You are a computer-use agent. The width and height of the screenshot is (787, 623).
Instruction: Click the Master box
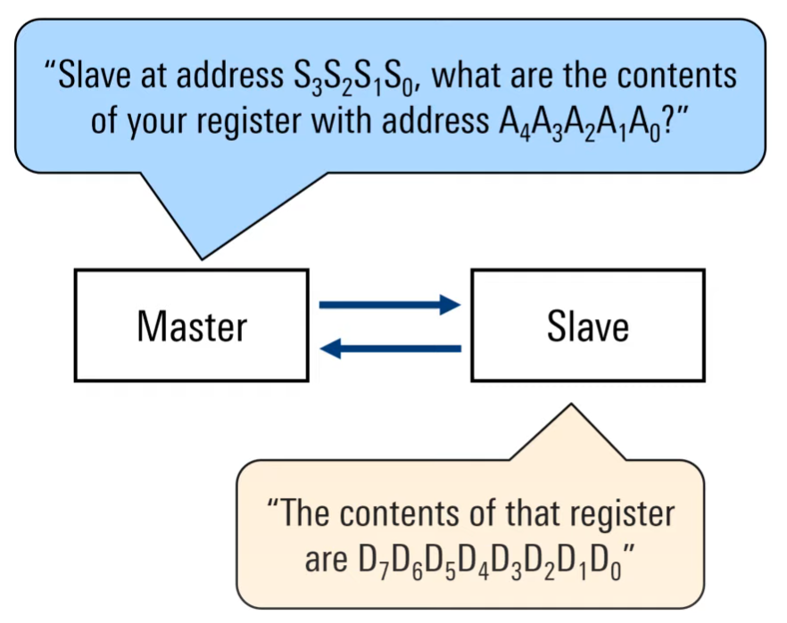(191, 325)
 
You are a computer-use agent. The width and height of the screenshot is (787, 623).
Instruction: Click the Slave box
(587, 325)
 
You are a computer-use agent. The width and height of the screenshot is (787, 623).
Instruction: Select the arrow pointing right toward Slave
(389, 305)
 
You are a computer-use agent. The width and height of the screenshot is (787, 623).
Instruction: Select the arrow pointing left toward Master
(389, 349)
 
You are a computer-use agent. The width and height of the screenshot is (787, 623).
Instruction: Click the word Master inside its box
(191, 326)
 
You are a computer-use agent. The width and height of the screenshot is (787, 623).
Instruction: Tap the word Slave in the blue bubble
(97, 75)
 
